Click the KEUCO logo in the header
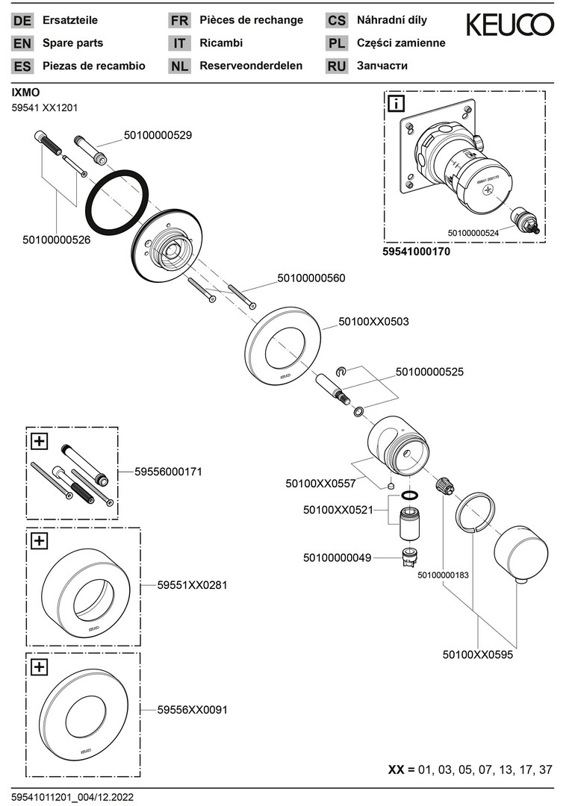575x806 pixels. point(510,25)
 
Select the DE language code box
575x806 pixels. point(22,21)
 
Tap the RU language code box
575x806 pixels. point(336,66)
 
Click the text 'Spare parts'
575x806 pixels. point(72,43)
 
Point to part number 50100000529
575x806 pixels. point(158,135)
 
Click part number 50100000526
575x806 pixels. point(57,240)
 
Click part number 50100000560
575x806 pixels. point(311,278)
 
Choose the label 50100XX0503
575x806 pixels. point(373,322)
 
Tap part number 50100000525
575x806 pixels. point(429,372)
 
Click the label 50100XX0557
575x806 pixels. point(320,483)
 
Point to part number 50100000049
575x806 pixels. point(337,557)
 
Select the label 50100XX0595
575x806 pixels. point(478,655)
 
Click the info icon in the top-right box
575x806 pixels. point(397,104)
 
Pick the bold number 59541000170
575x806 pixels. point(417,252)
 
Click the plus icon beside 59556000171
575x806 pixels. point(40,440)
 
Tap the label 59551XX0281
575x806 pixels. point(193,585)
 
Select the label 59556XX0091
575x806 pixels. point(193,710)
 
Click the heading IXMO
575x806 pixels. point(25,93)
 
